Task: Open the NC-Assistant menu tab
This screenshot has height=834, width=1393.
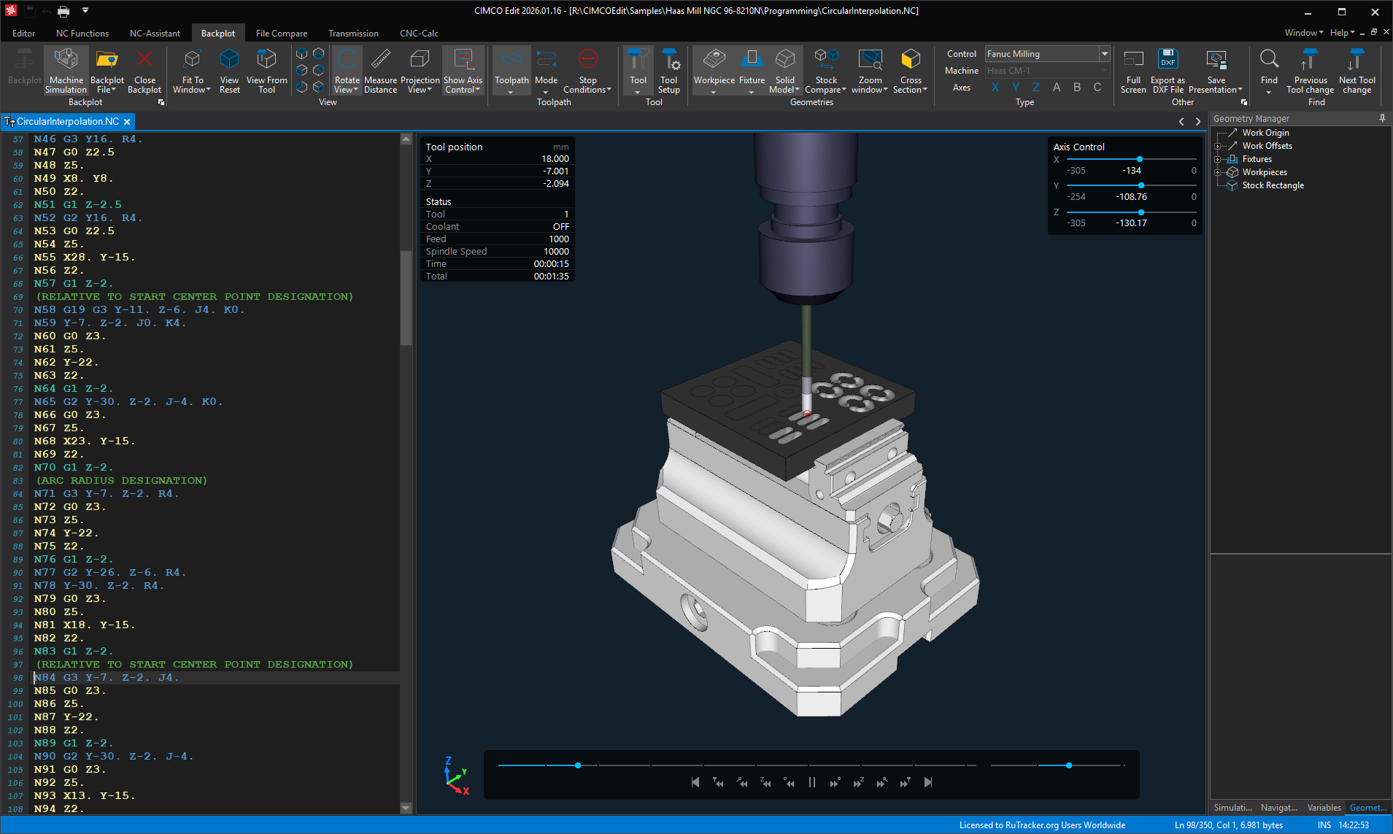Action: (155, 34)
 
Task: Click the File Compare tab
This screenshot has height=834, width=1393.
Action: (281, 34)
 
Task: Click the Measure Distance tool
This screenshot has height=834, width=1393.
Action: (380, 71)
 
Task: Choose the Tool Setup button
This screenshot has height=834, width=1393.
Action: (668, 71)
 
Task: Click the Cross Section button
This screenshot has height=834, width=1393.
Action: (910, 71)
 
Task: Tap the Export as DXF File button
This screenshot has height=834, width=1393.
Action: (1168, 71)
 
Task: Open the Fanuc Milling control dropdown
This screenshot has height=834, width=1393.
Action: (1105, 54)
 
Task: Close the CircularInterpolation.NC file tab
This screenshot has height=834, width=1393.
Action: (127, 122)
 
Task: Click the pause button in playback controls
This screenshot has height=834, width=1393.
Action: (812, 782)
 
